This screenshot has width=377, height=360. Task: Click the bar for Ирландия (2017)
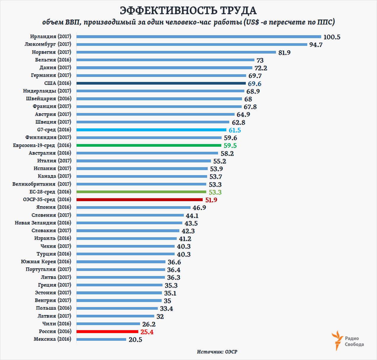point(199,37)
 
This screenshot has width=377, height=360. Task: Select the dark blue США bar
point(161,83)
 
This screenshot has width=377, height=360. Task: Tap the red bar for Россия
point(107,332)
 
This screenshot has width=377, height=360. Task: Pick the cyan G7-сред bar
point(151,130)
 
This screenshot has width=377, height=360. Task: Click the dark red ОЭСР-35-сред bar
point(139,200)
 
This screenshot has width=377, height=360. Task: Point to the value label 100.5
point(332,37)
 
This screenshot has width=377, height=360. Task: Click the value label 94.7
point(316,45)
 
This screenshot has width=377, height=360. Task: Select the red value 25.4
point(147,332)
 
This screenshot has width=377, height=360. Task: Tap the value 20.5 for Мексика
point(135,340)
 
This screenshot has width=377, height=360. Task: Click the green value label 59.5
point(230,146)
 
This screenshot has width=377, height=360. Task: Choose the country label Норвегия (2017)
point(51,52)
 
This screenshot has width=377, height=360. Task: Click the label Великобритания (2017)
point(42,184)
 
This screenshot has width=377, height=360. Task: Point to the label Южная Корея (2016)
point(46,261)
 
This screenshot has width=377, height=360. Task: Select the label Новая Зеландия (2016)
point(43,223)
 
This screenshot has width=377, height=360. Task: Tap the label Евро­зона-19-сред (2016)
point(42,145)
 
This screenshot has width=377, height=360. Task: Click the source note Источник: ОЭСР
point(217,352)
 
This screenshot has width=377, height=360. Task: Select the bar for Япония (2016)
point(133,207)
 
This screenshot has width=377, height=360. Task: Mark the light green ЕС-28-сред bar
point(141,192)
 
